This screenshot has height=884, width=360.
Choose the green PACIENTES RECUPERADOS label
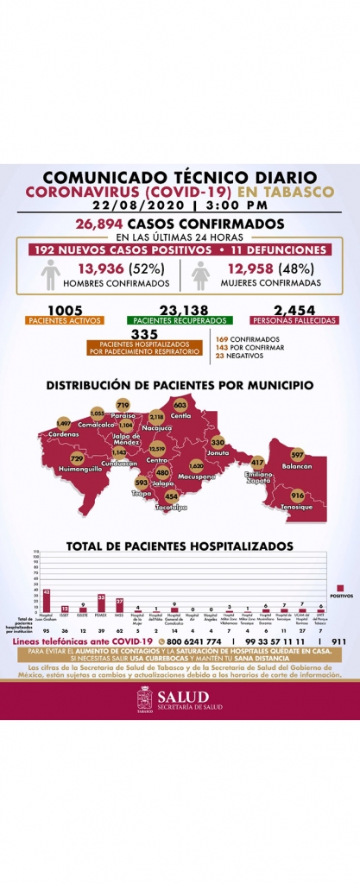click(180, 320)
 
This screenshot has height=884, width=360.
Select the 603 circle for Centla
click(180, 405)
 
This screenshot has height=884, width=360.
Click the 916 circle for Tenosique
click(297, 496)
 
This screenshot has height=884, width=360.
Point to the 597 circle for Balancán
click(298, 455)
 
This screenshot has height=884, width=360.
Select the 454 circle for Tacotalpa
click(171, 496)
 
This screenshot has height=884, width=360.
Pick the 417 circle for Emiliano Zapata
click(257, 463)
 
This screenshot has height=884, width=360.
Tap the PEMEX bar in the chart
click(101, 603)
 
